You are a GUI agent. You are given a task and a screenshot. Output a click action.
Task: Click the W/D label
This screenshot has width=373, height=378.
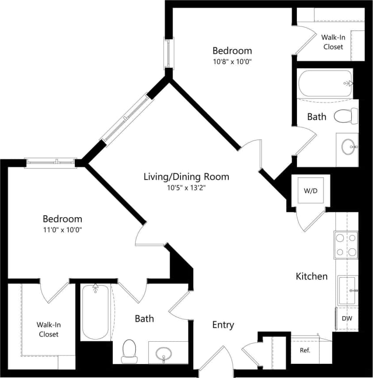pyautogui.click(x=310, y=191)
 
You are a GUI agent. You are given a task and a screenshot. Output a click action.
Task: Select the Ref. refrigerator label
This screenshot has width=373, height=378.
pyautogui.click(x=305, y=351)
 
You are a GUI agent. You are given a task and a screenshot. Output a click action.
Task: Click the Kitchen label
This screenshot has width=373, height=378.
pyautogui.click(x=311, y=276)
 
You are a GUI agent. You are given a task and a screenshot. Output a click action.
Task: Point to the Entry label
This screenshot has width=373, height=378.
pyautogui.click(x=223, y=325)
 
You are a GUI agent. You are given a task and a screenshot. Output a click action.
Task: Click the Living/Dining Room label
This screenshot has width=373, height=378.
pyautogui.click(x=186, y=177)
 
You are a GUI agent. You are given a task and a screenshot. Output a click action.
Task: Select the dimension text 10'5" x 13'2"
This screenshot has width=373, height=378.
pyautogui.click(x=186, y=188)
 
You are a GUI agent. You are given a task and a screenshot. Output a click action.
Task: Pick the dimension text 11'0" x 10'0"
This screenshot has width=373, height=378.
pyautogui.click(x=62, y=230)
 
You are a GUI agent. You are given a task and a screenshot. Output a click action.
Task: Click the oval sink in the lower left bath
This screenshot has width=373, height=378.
pyautogui.click(x=163, y=353)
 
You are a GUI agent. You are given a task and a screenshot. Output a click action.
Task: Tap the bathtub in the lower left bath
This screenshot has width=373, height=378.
pyautogui.click(x=95, y=311)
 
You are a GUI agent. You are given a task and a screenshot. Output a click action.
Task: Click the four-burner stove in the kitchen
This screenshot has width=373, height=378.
pyautogui.click(x=346, y=244)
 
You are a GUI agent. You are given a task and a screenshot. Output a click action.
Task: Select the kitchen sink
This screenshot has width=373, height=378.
pyautogui.click(x=348, y=290)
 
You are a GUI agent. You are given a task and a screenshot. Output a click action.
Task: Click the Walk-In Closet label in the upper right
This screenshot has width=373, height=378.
pyautogui.click(x=333, y=42)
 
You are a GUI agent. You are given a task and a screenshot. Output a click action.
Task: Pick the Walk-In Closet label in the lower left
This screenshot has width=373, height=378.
pyautogui.click(x=48, y=330)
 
